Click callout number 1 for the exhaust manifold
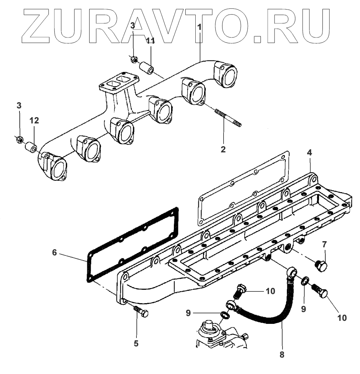(200, 28)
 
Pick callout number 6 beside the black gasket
(54, 252)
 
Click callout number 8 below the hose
(282, 354)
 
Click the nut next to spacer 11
(134, 59)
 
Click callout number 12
(34, 121)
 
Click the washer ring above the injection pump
(225, 315)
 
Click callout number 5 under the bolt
(136, 344)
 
